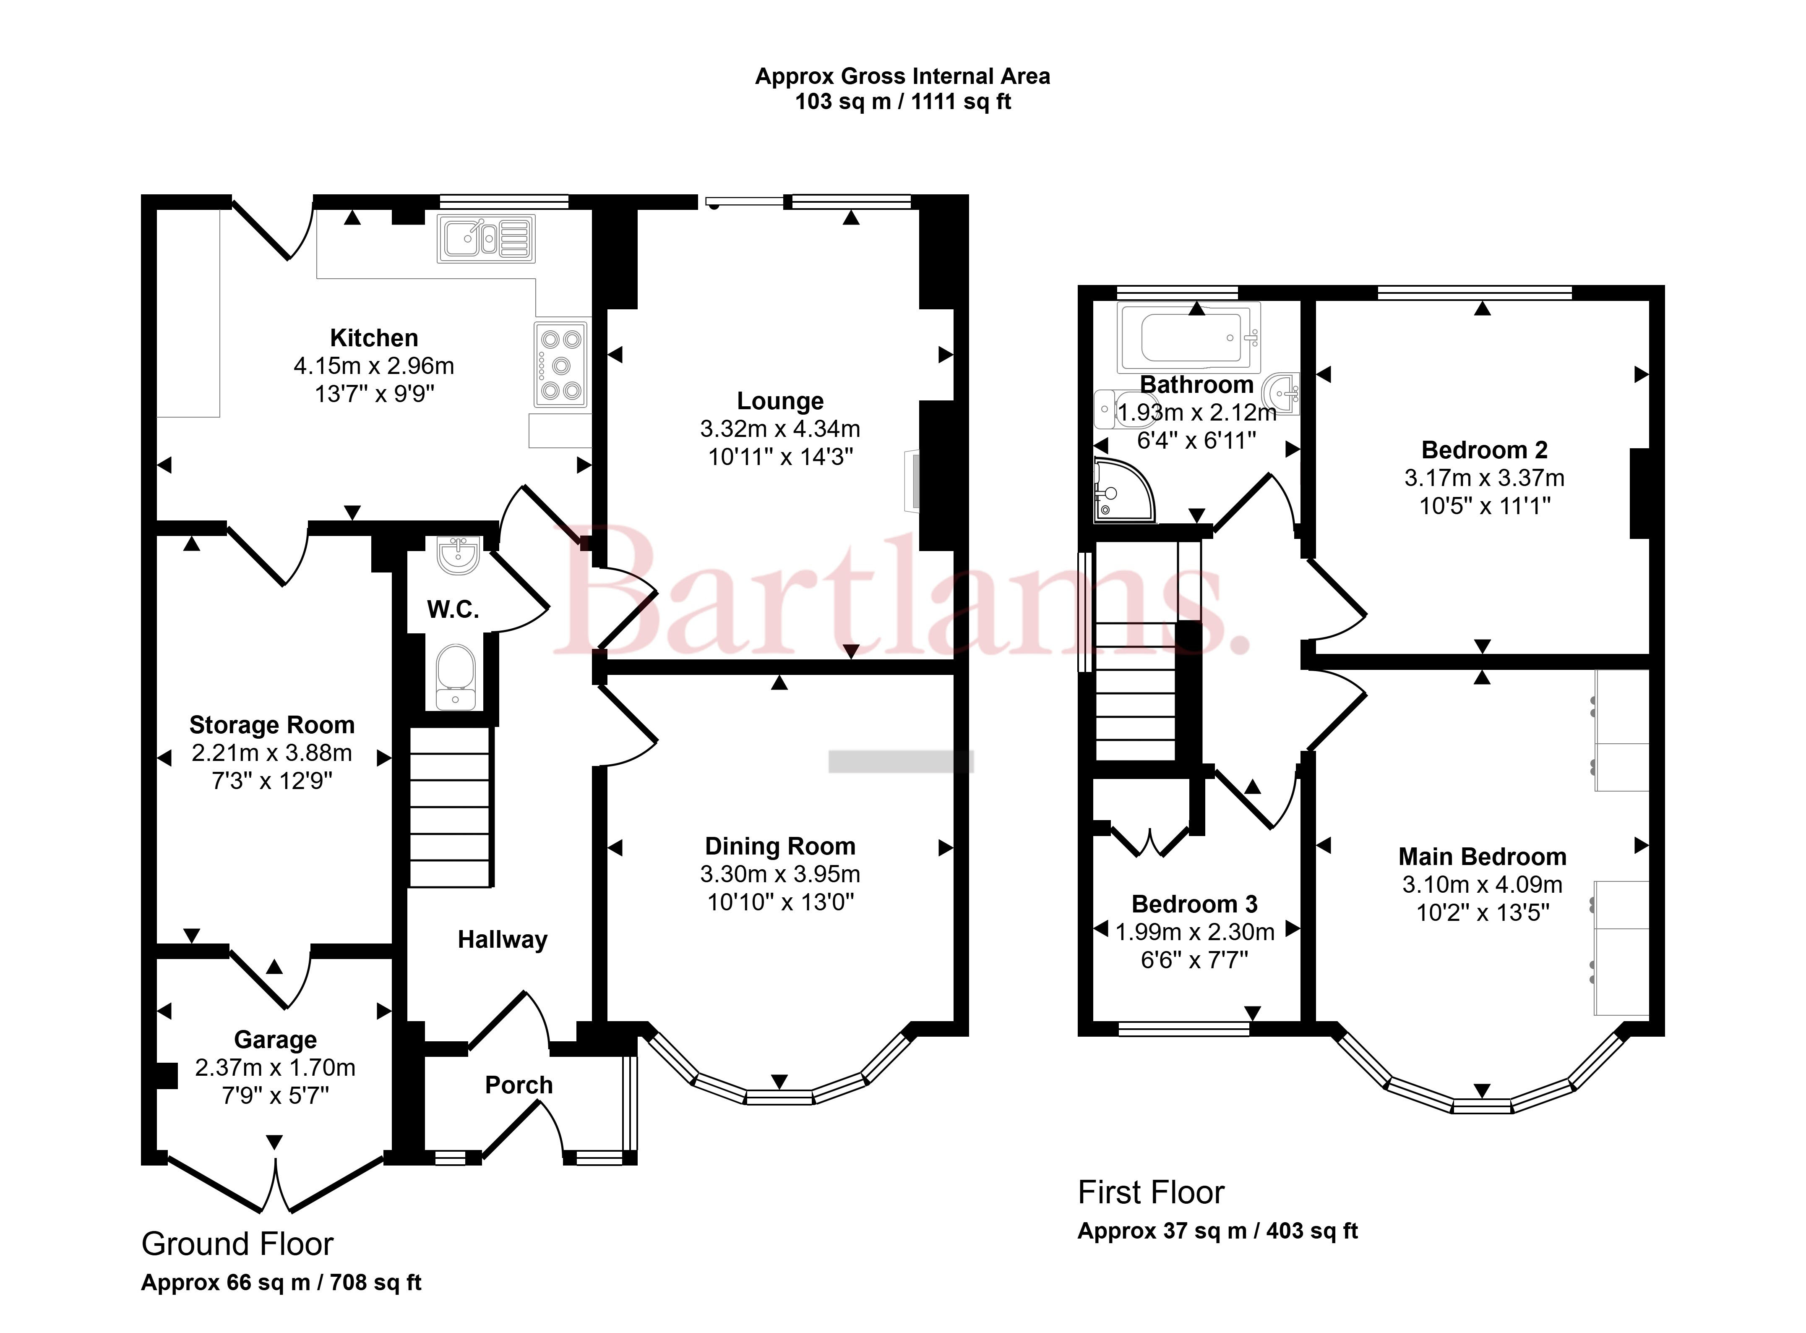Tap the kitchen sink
click(485, 239)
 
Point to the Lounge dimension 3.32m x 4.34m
click(780, 429)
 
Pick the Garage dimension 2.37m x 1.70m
click(275, 1067)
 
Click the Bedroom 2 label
click(1484, 450)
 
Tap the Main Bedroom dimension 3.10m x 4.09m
click(1483, 884)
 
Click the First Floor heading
click(1151, 1192)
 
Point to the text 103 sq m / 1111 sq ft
click(903, 102)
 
